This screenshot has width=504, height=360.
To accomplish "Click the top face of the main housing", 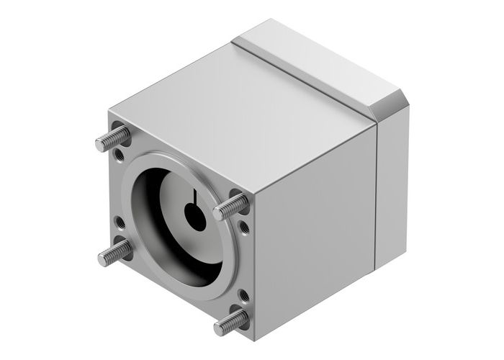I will (x=238, y=108).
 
